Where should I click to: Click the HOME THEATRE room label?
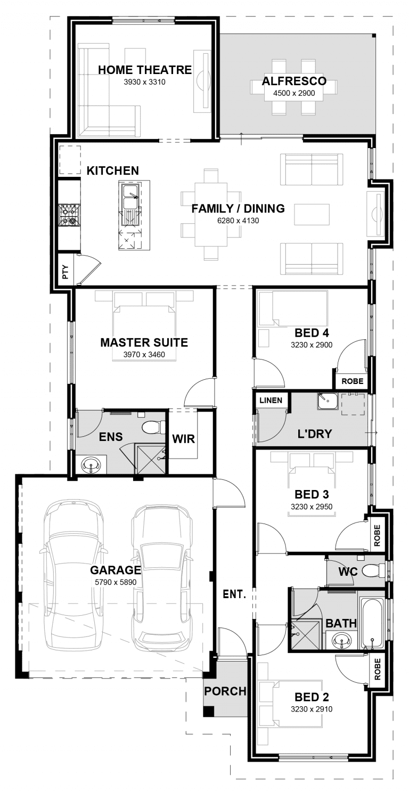coord(144,70)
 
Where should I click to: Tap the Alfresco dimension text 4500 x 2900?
coord(294,93)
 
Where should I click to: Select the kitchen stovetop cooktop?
coord(70,215)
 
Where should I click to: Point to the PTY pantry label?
coord(65,272)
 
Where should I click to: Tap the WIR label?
coord(184,439)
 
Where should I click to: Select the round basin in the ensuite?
coord(91,466)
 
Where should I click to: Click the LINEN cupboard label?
coord(271,400)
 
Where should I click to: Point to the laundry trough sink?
coord(328,401)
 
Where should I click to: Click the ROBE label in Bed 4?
coord(353,381)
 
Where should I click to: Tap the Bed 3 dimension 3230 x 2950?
coord(312,507)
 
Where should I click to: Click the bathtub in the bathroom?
coord(371,623)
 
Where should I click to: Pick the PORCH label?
coord(225,691)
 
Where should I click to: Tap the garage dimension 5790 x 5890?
coord(116,582)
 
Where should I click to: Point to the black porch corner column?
coord(209,711)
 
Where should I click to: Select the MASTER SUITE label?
coord(144,342)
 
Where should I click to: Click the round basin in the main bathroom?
coord(341,641)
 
